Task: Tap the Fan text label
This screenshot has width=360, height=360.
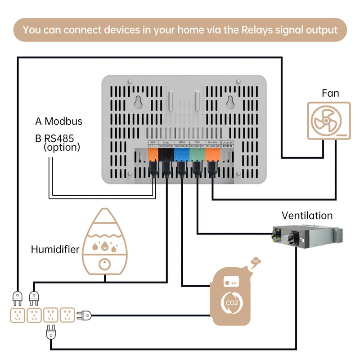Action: point(330,93)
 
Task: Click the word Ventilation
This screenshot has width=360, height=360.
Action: point(307,216)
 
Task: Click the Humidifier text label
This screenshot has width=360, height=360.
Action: point(55,249)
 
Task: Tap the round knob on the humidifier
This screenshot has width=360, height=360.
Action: point(105,264)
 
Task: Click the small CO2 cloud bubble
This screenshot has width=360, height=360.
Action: point(256,261)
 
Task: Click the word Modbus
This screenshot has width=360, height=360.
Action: point(63,121)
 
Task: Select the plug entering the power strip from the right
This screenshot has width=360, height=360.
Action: point(84,315)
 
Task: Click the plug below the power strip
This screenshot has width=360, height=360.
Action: point(50,333)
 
